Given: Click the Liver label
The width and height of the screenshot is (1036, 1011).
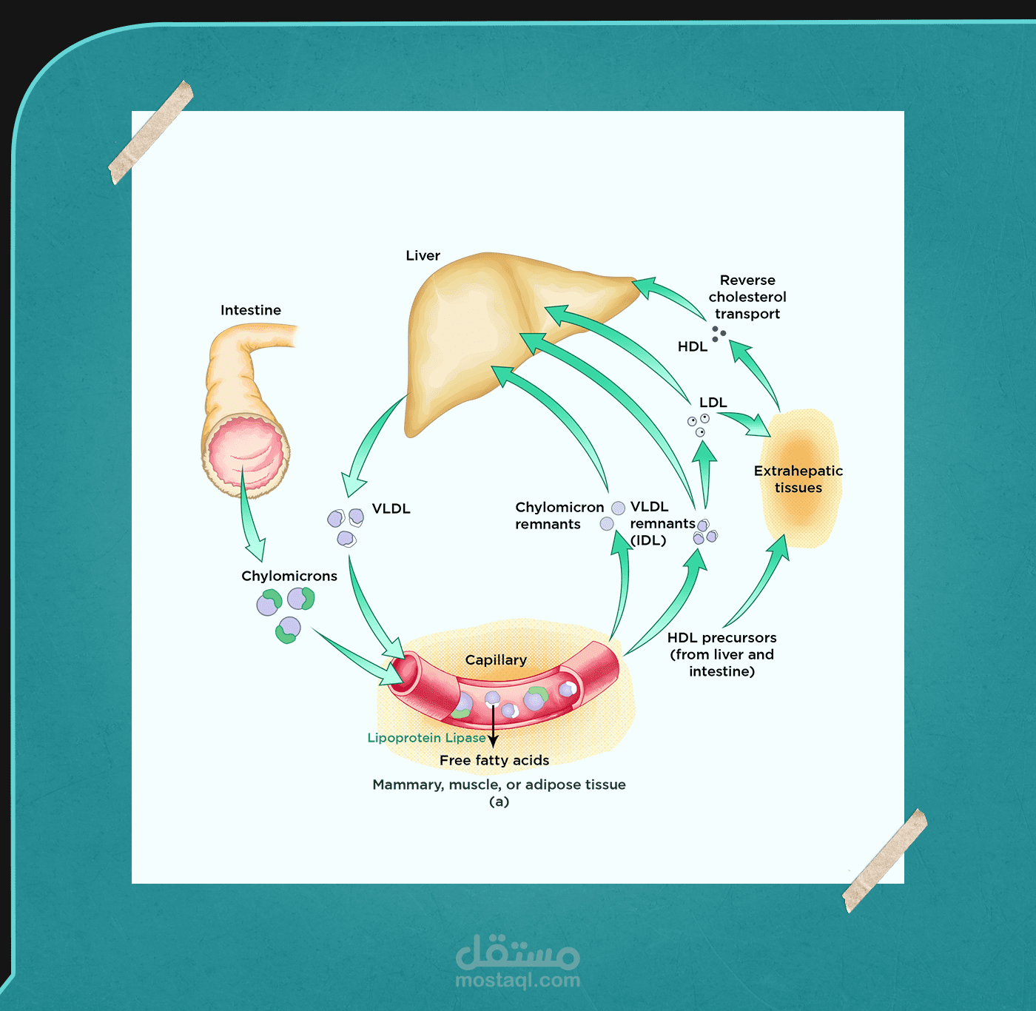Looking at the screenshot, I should coord(423,256).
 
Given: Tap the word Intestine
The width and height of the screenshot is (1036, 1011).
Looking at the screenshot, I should coord(251,310).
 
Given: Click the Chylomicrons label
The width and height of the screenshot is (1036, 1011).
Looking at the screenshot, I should coord(289,576).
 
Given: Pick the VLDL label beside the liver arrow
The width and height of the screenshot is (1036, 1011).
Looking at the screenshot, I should coord(391,508).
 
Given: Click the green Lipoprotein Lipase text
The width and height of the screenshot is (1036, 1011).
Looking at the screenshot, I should coord(426,738).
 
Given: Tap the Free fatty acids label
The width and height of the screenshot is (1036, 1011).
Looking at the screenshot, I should coord(494,760).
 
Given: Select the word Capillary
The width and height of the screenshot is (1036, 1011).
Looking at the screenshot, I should coord(496,659).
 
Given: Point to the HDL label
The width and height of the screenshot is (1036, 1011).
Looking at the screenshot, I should coord(693,346).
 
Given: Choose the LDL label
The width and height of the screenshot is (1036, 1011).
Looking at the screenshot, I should coord(713,403).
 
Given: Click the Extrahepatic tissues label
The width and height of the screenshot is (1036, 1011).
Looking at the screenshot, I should coord(798,479).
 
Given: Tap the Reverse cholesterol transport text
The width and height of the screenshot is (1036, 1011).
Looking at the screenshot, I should coord(747,297).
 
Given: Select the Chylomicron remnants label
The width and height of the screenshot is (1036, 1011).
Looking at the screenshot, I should coord(559,516).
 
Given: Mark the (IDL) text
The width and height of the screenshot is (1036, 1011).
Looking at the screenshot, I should coord(648,540).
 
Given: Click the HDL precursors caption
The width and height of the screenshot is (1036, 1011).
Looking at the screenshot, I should coord(722,654).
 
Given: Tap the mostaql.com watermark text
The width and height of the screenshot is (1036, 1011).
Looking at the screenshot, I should coord(518,981).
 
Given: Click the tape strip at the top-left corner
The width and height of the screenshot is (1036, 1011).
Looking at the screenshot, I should coord(151,132).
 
